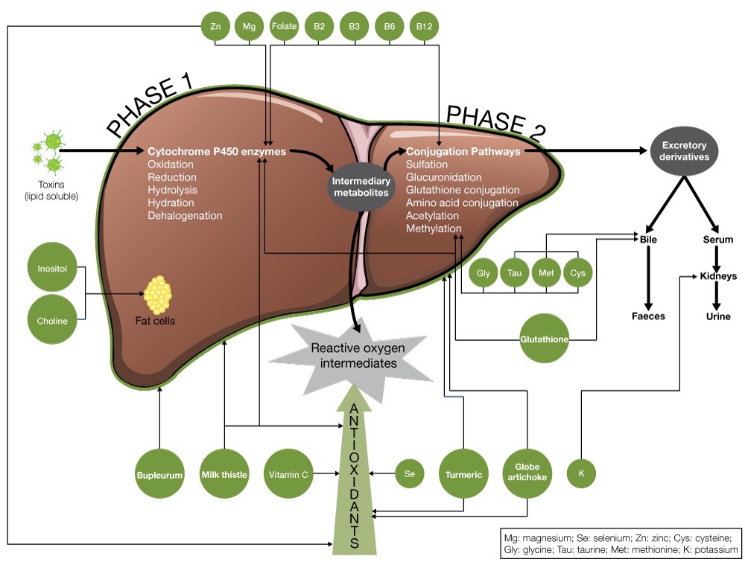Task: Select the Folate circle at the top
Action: pyautogui.click(x=285, y=27)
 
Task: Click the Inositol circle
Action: pyautogui.click(x=53, y=266)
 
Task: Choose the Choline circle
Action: pyautogui.click(x=53, y=321)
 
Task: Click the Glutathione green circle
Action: pyautogui.click(x=545, y=339)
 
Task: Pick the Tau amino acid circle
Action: pyautogui.click(x=514, y=273)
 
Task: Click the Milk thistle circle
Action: pyautogui.click(x=224, y=473)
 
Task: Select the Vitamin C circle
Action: pyautogui.click(x=289, y=473)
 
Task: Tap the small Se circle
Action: pyautogui.click(x=409, y=473)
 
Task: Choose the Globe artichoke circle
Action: pyautogui.click(x=527, y=473)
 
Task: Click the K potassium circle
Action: pyautogui.click(x=581, y=473)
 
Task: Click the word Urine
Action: pyautogui.click(x=718, y=316)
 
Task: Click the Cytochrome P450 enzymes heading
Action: pyautogui.click(x=217, y=150)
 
